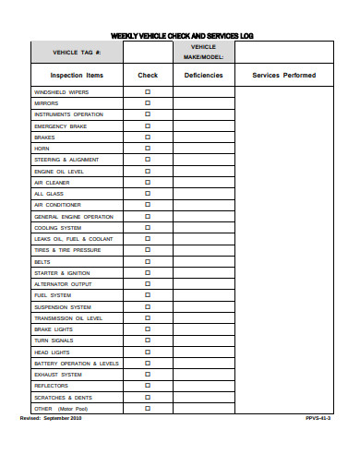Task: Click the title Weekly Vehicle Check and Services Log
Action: pyautogui.click(x=181, y=36)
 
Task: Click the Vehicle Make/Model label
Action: pyautogui.click(x=203, y=52)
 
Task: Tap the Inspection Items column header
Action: pyautogui.click(x=77, y=75)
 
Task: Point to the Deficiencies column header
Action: pyautogui.click(x=203, y=75)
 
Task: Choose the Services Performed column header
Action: pyautogui.click(x=283, y=75)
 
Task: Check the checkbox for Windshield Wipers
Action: pyautogui.click(x=148, y=92)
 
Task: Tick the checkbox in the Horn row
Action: pyautogui.click(x=148, y=149)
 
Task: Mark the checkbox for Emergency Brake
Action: pyautogui.click(x=148, y=126)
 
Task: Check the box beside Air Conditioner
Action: pyautogui.click(x=148, y=205)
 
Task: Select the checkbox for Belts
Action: pyautogui.click(x=148, y=261)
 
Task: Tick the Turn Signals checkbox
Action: pyautogui.click(x=148, y=341)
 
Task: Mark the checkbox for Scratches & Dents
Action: pyautogui.click(x=148, y=397)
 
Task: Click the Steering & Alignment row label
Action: pyautogui.click(x=66, y=160)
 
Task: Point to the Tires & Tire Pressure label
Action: pyautogui.click(x=67, y=250)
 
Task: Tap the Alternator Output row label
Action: pyautogui.click(x=64, y=284)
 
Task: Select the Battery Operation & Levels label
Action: pyautogui.click(x=77, y=364)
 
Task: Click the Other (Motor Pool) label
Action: pyautogui.click(x=61, y=408)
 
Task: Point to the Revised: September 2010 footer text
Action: pyautogui.click(x=51, y=418)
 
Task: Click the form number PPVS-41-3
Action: pyautogui.click(x=318, y=418)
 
